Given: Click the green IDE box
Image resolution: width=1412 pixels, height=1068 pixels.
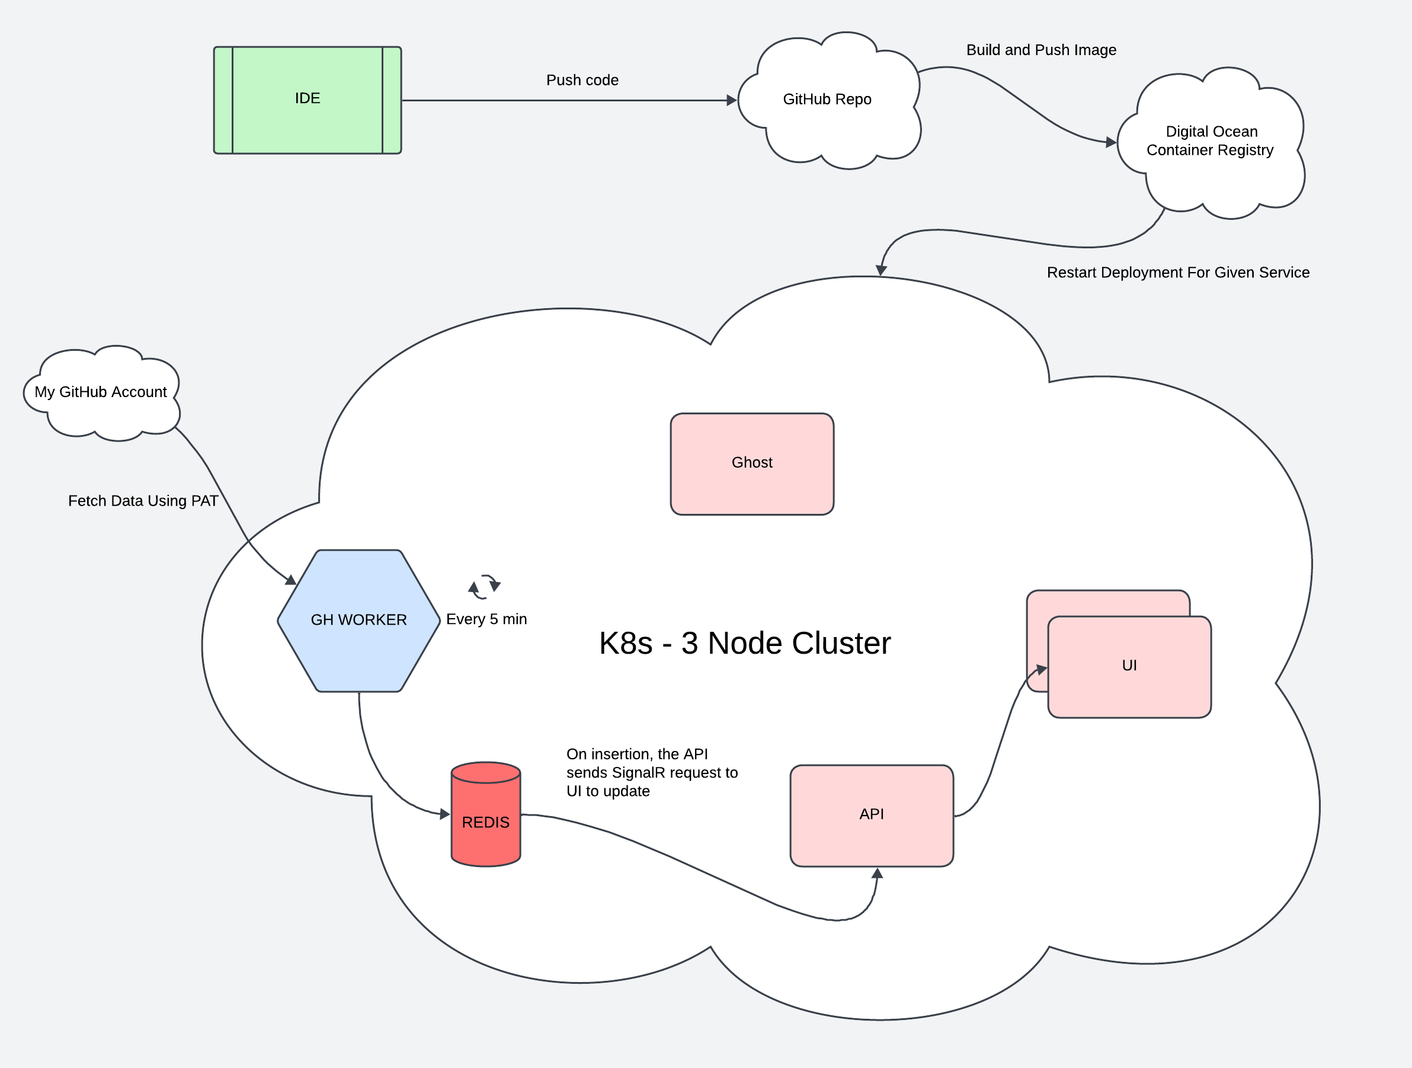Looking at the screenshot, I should click(307, 100).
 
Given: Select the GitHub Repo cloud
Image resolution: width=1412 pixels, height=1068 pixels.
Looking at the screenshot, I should click(827, 100).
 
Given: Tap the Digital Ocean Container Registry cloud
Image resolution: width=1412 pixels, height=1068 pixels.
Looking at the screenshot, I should click(1211, 142).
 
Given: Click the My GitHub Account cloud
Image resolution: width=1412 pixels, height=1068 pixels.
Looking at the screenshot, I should click(101, 392).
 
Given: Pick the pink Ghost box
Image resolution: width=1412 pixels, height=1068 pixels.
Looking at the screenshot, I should click(752, 463).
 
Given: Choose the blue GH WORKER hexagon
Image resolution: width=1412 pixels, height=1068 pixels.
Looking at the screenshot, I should click(358, 620).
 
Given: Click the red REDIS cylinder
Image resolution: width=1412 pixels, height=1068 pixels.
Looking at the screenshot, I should click(486, 821).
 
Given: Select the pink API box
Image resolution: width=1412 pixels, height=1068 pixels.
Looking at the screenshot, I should click(872, 814).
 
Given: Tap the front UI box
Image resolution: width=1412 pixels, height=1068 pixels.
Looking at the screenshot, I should click(1129, 666).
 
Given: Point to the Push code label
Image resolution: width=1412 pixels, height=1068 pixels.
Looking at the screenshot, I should click(582, 81).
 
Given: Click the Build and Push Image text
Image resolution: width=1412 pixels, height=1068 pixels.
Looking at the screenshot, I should click(1040, 50).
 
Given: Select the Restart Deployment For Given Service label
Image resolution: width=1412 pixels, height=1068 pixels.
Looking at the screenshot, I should click(1178, 273).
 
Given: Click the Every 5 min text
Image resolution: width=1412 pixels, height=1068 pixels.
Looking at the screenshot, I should click(486, 619).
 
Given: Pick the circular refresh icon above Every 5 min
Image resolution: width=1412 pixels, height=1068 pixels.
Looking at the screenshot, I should click(485, 587).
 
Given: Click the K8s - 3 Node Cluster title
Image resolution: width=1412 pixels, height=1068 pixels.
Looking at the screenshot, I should click(744, 644).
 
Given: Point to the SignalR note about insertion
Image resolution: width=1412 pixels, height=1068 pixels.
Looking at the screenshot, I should click(651, 772).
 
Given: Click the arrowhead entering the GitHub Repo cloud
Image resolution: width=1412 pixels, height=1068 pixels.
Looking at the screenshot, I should click(732, 100).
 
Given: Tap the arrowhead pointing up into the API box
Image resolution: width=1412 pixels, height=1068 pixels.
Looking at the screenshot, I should click(878, 873).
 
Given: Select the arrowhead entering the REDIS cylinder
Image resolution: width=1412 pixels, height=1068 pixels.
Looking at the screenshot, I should click(445, 814).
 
